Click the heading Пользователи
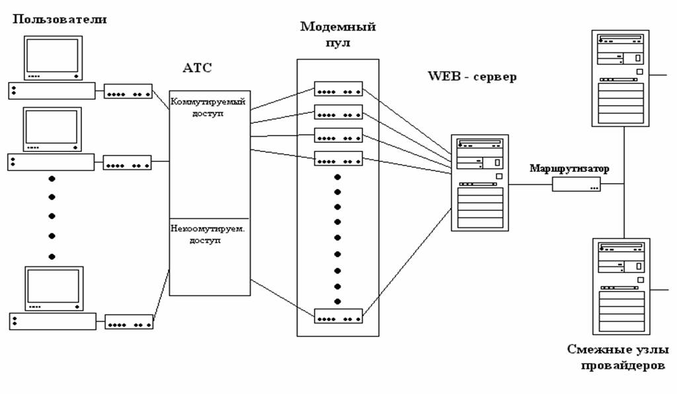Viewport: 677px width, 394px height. [59, 19]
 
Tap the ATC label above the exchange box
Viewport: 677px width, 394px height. [198, 68]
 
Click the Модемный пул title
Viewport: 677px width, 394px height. [338, 34]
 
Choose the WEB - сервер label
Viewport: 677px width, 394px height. [472, 76]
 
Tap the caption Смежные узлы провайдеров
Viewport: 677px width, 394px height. [617, 357]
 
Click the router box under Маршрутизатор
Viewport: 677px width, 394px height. [577, 184]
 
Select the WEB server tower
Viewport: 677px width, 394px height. [480, 182]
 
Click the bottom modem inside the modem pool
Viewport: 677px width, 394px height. [338, 316]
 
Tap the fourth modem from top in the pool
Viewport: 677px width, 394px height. [338, 158]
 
